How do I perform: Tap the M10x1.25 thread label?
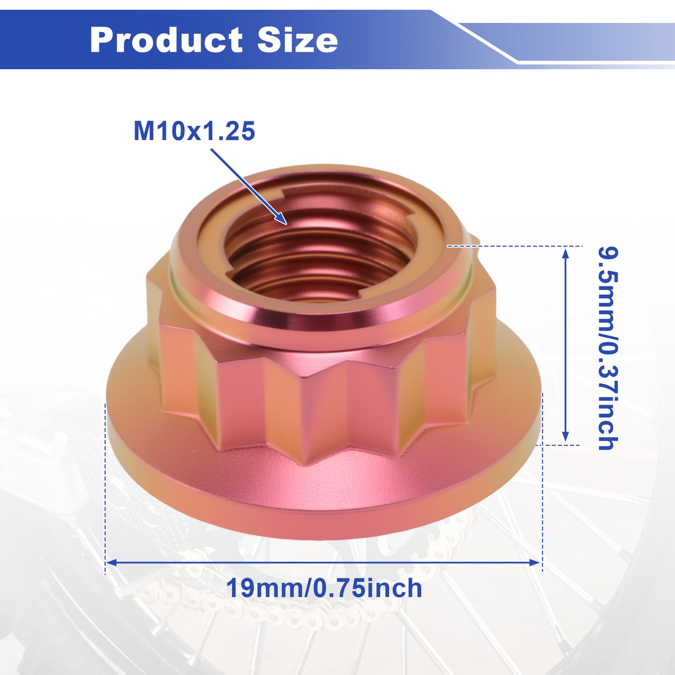pos(195,131)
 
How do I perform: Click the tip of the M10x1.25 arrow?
pos(286,224)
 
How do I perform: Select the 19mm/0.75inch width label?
pos(324,588)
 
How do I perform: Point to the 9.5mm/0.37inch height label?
pos(608,348)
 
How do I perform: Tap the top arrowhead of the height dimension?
pos(565,252)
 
